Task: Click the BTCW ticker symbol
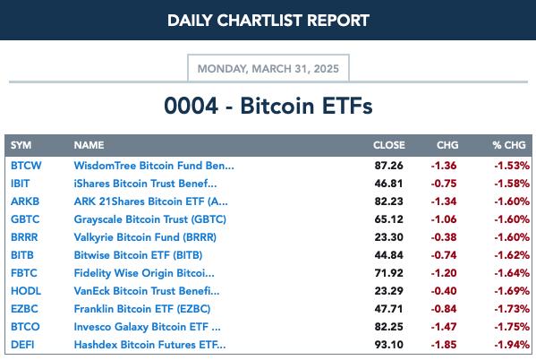[26, 166]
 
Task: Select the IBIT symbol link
[21, 184]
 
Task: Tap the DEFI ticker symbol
[22, 345]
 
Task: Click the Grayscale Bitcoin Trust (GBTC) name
[150, 219]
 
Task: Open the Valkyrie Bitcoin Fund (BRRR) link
[145, 237]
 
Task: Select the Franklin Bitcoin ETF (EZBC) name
[142, 309]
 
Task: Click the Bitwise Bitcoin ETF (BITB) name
[138, 255]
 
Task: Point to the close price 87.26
[388, 166]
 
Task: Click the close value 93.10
[388, 345]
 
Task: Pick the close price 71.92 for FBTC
[388, 273]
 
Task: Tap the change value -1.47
[444, 327]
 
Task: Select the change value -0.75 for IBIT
[444, 184]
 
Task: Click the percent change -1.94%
[512, 345]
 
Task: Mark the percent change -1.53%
[512, 166]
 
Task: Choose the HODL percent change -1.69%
[512, 291]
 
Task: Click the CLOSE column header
[388, 145]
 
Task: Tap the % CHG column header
[509, 145]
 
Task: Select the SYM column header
[21, 145]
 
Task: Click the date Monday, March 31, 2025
[268, 69]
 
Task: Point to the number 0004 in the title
[191, 106]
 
